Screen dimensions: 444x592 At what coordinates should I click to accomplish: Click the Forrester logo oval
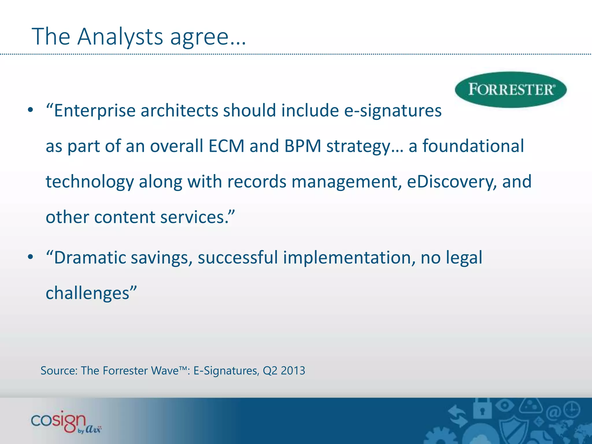click(x=510, y=90)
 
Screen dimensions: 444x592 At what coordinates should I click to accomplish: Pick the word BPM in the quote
click(x=303, y=146)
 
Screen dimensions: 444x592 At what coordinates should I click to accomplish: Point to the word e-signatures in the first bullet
click(x=393, y=111)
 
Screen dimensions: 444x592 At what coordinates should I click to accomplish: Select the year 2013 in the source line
click(x=293, y=371)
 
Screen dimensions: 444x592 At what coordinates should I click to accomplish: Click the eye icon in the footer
click(x=504, y=405)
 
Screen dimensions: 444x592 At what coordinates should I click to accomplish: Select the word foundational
click(x=473, y=146)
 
